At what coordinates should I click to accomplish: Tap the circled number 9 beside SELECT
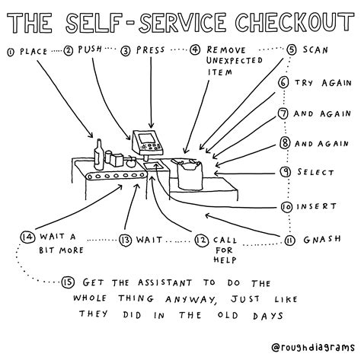[x=284, y=173]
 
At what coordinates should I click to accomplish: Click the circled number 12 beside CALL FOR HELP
[x=201, y=241]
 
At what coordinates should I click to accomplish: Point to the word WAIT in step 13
[x=148, y=241]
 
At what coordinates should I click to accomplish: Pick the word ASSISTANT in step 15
[x=155, y=281]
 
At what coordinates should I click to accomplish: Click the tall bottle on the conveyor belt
[x=97, y=155]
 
